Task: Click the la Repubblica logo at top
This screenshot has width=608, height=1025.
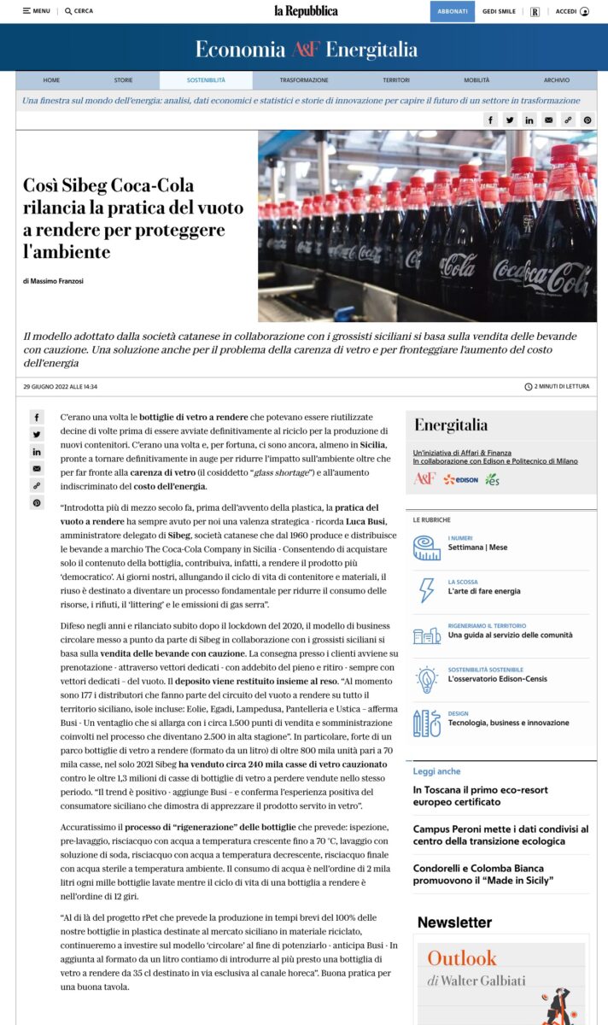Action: [306, 11]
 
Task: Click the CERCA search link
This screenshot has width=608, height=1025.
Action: [79, 11]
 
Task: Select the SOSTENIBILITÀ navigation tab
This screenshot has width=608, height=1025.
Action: [206, 80]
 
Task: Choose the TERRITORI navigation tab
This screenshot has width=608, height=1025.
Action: [396, 80]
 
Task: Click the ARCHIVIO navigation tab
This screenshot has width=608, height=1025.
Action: [556, 80]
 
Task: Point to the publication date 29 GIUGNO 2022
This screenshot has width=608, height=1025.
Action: [60, 387]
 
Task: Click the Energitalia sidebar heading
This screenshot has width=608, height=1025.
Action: [451, 425]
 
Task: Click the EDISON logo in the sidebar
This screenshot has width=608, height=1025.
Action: [460, 479]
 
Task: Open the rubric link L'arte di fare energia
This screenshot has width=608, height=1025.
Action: [483, 592]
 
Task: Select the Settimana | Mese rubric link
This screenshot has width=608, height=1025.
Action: [477, 548]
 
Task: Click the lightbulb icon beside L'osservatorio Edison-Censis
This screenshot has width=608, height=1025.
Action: [427, 679]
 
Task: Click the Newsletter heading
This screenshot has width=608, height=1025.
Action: [454, 922]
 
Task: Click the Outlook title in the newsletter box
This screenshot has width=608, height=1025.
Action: [461, 958]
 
